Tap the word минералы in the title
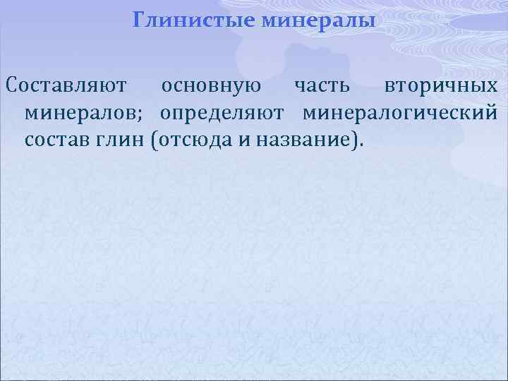[318, 20]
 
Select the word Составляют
[66, 86]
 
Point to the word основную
[211, 86]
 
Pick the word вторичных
[441, 86]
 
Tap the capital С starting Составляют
[11, 86]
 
